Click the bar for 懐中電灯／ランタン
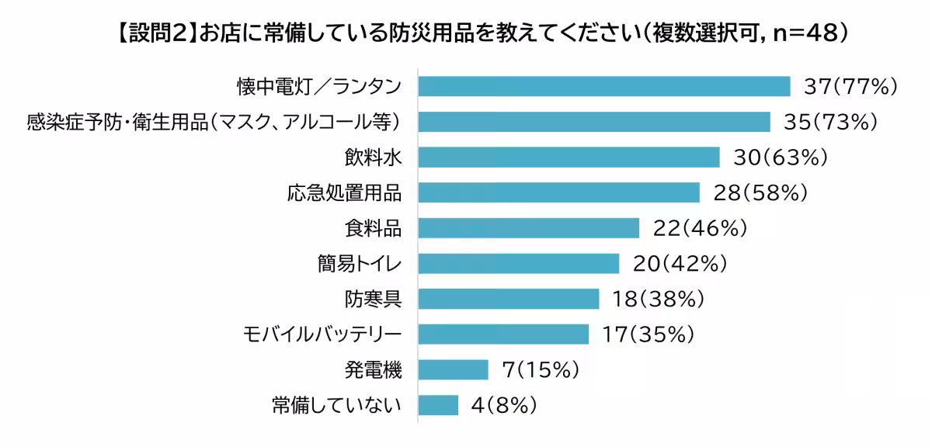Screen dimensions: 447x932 603,86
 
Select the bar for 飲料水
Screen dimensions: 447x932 569,158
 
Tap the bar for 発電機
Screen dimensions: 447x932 453,370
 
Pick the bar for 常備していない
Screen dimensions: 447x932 438,405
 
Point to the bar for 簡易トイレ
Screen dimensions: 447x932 518,264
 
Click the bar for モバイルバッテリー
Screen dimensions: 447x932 503,334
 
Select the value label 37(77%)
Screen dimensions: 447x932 850,86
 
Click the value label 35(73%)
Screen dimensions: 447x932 831,122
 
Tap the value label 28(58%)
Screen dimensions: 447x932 761,192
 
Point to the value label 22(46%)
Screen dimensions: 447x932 700,228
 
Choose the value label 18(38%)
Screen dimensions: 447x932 659,299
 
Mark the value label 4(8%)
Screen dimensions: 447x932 504,405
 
